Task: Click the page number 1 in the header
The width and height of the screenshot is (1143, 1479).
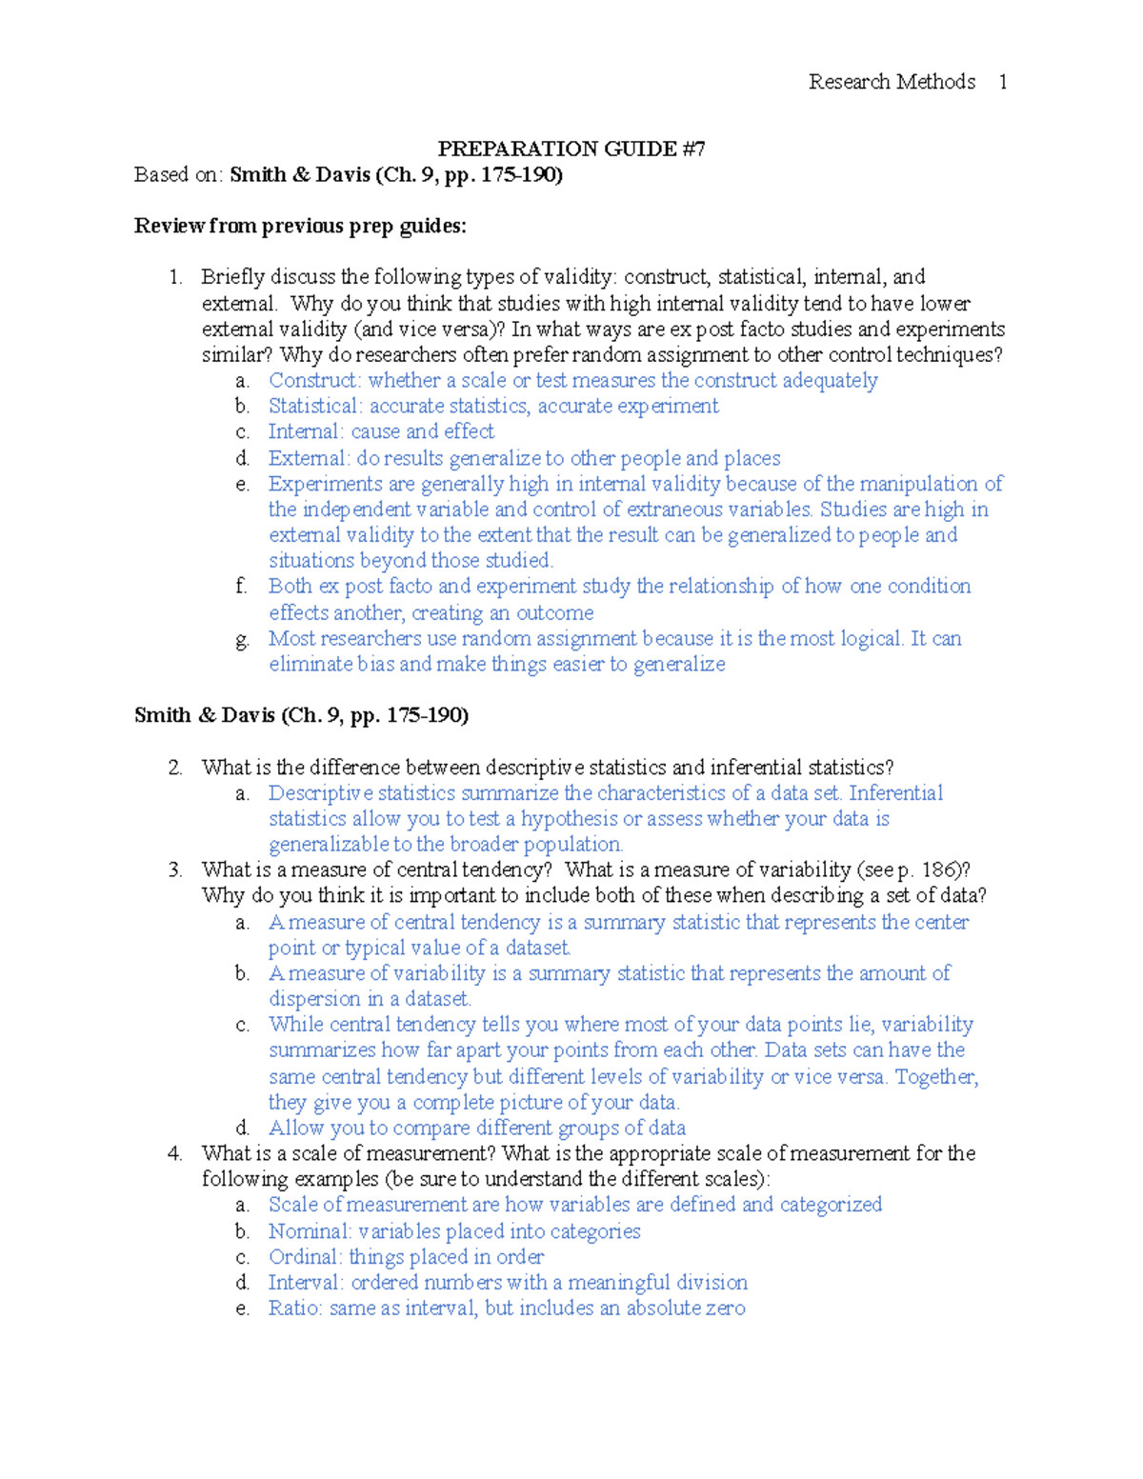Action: coord(1002,82)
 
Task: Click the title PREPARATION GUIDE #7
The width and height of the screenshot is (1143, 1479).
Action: coord(571,149)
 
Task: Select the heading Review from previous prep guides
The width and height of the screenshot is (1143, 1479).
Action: coord(300,226)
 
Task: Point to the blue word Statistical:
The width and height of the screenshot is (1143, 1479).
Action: coord(315,407)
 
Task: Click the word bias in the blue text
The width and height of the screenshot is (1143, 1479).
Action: coord(375,664)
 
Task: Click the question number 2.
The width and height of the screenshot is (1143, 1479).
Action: coord(174,768)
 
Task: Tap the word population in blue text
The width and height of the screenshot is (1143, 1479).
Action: coord(572,845)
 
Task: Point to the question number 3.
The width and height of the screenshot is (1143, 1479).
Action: coord(174,869)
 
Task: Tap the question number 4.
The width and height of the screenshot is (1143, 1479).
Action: coord(174,1153)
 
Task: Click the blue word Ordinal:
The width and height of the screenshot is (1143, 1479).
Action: coord(305,1257)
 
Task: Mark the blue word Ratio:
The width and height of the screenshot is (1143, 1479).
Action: coord(295,1309)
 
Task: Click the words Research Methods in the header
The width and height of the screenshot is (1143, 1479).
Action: coord(892,82)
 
